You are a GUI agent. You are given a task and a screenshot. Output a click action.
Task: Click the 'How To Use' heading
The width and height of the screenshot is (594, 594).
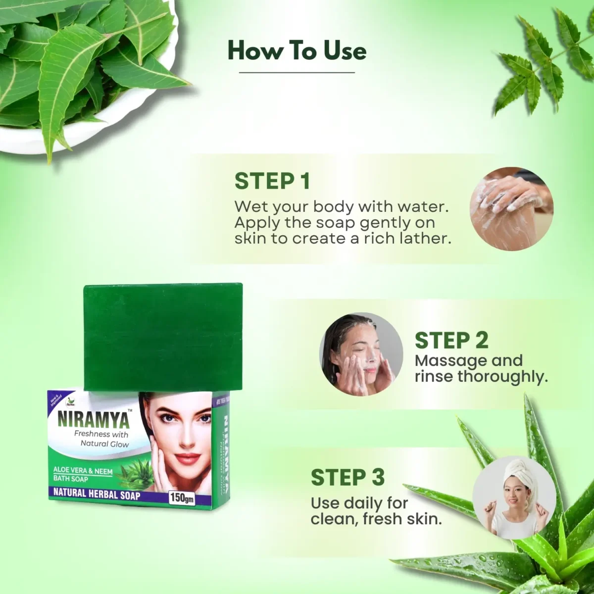(x=297, y=51)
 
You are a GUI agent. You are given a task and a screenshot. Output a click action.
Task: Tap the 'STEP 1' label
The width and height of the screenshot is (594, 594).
(x=272, y=181)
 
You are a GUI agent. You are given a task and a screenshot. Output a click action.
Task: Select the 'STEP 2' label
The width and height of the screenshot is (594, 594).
(x=451, y=341)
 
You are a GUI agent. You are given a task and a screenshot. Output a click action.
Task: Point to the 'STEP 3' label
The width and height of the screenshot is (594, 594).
(x=347, y=478)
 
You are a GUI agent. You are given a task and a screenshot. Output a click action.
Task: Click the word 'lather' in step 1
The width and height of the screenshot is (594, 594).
(x=426, y=239)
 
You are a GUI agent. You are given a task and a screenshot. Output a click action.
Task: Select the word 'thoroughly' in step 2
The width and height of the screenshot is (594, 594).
(x=502, y=377)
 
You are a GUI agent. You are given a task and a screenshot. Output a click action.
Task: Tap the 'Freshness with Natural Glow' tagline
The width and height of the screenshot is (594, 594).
(x=101, y=439)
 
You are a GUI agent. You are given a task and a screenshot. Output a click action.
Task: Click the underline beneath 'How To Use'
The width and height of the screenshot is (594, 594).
(x=297, y=73)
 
